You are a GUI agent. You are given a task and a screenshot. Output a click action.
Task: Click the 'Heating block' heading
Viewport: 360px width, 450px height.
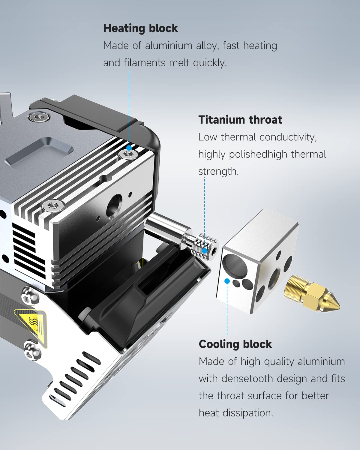point(140,28)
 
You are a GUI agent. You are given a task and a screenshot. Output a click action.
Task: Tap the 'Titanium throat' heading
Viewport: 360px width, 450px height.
point(240,120)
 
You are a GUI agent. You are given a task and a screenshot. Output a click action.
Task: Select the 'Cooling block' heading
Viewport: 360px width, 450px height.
point(235,344)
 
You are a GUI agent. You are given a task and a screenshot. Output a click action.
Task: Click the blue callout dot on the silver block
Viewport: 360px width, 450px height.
point(227,281)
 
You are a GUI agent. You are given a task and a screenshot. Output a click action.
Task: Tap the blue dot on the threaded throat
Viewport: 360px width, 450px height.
point(205,251)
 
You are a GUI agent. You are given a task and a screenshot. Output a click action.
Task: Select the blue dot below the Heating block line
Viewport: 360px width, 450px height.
point(129,148)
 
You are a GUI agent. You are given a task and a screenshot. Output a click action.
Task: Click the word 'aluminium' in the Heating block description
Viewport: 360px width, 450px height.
point(169,46)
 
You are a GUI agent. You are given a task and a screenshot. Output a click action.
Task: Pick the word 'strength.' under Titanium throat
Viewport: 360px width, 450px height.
point(218,172)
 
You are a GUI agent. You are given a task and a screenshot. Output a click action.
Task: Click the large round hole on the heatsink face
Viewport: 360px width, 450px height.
point(114,205)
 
